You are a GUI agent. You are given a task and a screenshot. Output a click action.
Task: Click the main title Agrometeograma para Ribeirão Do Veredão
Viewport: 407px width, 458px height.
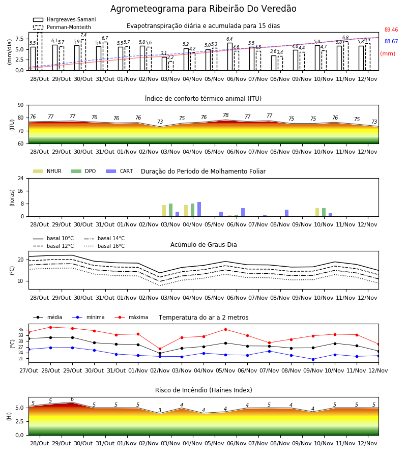tap(203, 9)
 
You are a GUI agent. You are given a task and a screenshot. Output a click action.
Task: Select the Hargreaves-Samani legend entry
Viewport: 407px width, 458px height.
tap(65, 19)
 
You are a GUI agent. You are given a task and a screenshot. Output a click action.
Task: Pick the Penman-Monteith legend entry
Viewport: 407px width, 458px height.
tap(62, 27)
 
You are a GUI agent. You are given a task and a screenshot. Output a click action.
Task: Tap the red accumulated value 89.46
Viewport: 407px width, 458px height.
tap(391, 30)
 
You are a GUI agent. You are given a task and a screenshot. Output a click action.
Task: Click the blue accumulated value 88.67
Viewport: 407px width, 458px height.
tap(391, 42)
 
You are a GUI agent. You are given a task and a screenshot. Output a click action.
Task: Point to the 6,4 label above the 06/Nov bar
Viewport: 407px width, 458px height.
tap(229, 39)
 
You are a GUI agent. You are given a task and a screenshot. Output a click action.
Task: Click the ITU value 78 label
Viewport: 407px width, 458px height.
tap(226, 115)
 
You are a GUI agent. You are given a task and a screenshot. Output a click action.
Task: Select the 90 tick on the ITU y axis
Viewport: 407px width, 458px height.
tap(21, 105)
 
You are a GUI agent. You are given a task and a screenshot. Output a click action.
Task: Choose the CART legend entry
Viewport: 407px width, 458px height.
tap(120, 171)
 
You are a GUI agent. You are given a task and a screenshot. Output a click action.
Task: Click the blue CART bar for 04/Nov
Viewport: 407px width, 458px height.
tap(199, 209)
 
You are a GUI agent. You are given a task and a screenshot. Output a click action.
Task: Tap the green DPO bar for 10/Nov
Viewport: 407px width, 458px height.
tap(324, 212)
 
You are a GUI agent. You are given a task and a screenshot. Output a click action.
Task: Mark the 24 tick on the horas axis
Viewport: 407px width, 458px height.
tap(21, 178)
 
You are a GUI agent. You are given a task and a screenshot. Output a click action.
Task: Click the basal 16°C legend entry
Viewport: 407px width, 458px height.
tap(104, 246)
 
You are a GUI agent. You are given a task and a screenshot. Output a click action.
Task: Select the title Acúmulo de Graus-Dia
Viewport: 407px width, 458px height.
tap(203, 245)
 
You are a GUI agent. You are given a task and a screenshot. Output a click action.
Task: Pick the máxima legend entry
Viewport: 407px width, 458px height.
tap(131, 317)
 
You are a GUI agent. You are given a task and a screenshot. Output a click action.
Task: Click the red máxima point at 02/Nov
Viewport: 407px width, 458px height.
tap(160, 349)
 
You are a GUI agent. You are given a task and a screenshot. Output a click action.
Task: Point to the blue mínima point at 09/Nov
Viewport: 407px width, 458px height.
tap(313, 359)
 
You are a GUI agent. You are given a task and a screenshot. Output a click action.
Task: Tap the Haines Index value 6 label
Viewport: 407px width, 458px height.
tap(72, 399)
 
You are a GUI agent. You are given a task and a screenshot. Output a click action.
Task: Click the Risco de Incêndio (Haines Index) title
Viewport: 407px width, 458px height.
tap(203, 390)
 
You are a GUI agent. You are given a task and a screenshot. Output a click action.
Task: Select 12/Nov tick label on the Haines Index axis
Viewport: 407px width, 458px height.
tap(368, 443)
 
